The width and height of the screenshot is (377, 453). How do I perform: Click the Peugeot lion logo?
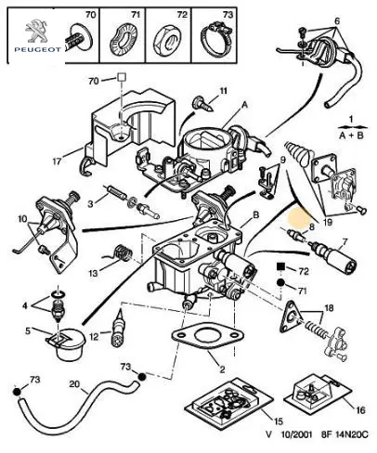[35, 31]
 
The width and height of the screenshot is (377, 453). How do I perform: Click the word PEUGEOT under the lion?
[37, 49]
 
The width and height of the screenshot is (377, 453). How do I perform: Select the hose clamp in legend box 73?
[216, 39]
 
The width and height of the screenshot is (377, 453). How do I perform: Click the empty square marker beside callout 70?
[122, 77]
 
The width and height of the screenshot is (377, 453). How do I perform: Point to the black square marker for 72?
[280, 266]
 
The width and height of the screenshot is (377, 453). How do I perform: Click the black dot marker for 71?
[280, 283]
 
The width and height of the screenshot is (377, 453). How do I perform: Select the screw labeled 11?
[202, 104]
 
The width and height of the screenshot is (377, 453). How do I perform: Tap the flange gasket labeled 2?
[208, 337]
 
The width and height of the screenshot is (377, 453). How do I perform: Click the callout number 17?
[57, 162]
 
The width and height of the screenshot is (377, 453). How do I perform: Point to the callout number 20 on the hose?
[74, 384]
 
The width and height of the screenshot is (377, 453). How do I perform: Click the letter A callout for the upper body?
[244, 105]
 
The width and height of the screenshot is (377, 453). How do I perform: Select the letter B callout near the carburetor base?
[256, 214]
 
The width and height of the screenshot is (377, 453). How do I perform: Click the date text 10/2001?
[296, 434]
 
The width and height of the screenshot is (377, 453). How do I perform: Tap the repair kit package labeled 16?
[319, 393]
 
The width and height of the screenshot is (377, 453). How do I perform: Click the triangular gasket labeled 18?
[291, 316]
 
